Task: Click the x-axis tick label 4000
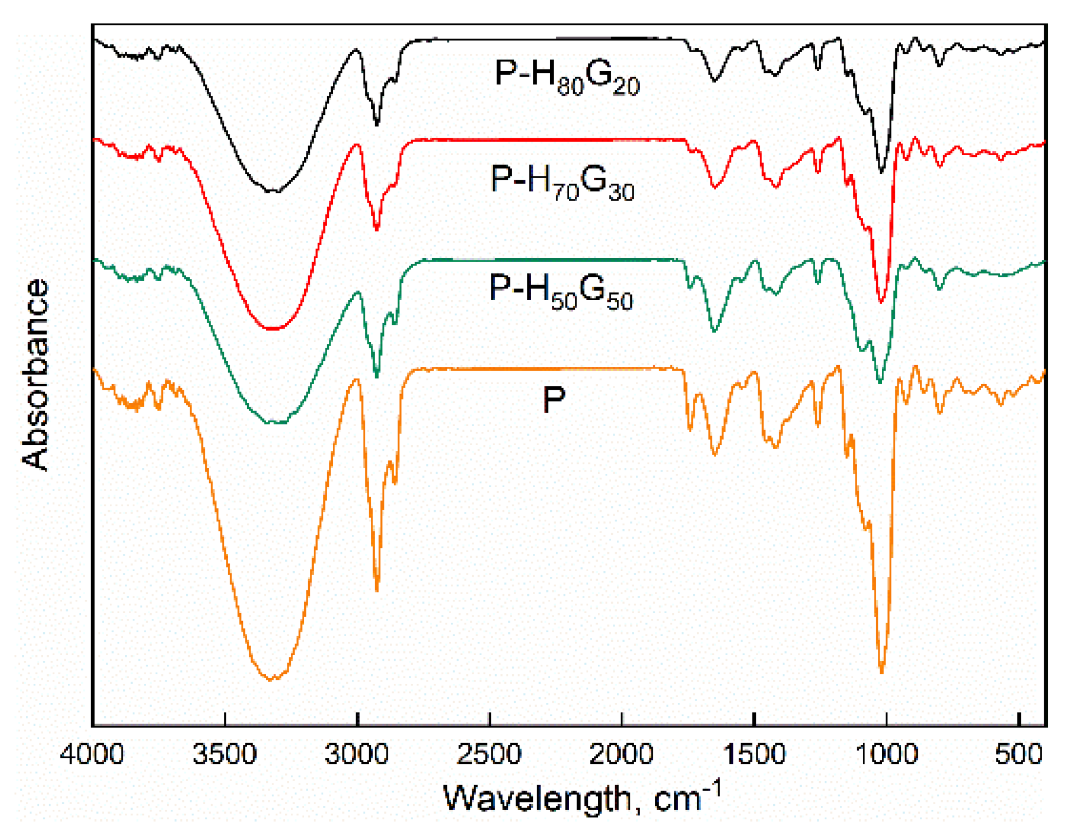pos(92,755)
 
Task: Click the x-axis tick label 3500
pos(225,755)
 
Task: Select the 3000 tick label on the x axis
pos(357,755)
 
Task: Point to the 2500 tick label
pos(489,755)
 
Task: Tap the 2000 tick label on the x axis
pos(621,755)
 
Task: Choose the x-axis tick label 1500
pos(754,755)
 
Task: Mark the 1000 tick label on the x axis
pos(886,755)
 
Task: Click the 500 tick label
pos(1018,755)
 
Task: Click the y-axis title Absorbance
pos(35,374)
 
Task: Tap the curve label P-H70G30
pos(562,181)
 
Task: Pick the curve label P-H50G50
pos(561,291)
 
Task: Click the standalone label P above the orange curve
pos(554,400)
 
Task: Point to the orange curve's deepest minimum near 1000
pos(881,671)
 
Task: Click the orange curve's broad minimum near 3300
pos(271,679)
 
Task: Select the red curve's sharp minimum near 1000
pos(881,301)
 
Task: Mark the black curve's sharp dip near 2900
pos(376,124)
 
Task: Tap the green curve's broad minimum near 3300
pos(275,423)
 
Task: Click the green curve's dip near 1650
pos(714,330)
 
